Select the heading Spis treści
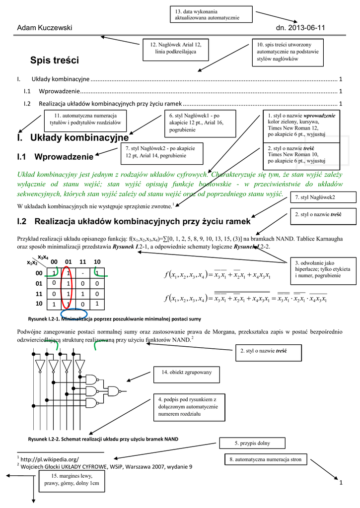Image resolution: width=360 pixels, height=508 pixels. click(x=55, y=61)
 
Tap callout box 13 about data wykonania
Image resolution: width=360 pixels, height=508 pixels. click(x=211, y=14)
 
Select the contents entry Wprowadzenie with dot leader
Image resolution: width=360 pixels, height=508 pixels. click(x=60, y=91)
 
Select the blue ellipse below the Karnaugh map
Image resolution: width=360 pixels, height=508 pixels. click(x=73, y=315)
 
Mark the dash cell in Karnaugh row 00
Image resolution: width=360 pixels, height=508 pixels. click(x=82, y=273)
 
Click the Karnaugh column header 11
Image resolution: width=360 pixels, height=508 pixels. click(x=82, y=261)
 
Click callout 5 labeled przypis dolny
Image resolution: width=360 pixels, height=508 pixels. click(x=252, y=443)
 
